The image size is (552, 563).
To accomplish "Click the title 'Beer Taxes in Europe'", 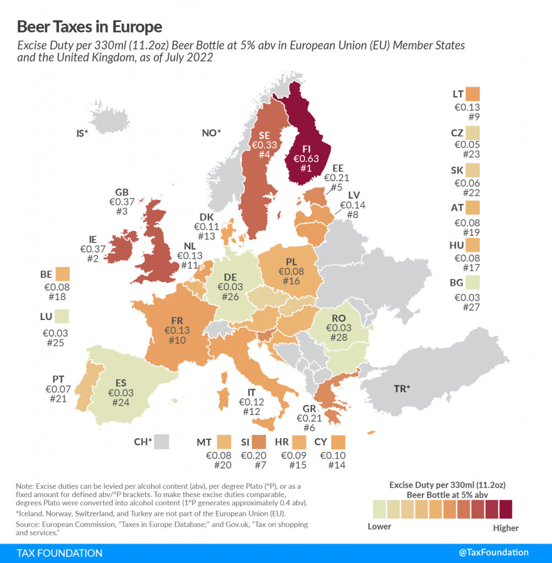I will point(90,26).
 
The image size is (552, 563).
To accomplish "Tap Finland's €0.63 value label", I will point(306,159).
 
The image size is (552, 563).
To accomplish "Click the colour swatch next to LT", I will point(472,94).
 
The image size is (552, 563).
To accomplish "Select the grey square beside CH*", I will point(161,441).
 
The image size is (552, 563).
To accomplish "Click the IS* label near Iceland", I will point(82,133).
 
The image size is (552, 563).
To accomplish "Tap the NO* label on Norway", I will point(211,133).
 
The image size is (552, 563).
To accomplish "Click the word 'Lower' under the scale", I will point(379,527).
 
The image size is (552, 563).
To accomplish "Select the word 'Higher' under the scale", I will point(506,528).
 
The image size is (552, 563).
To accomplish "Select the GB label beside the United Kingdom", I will point(122,192).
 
